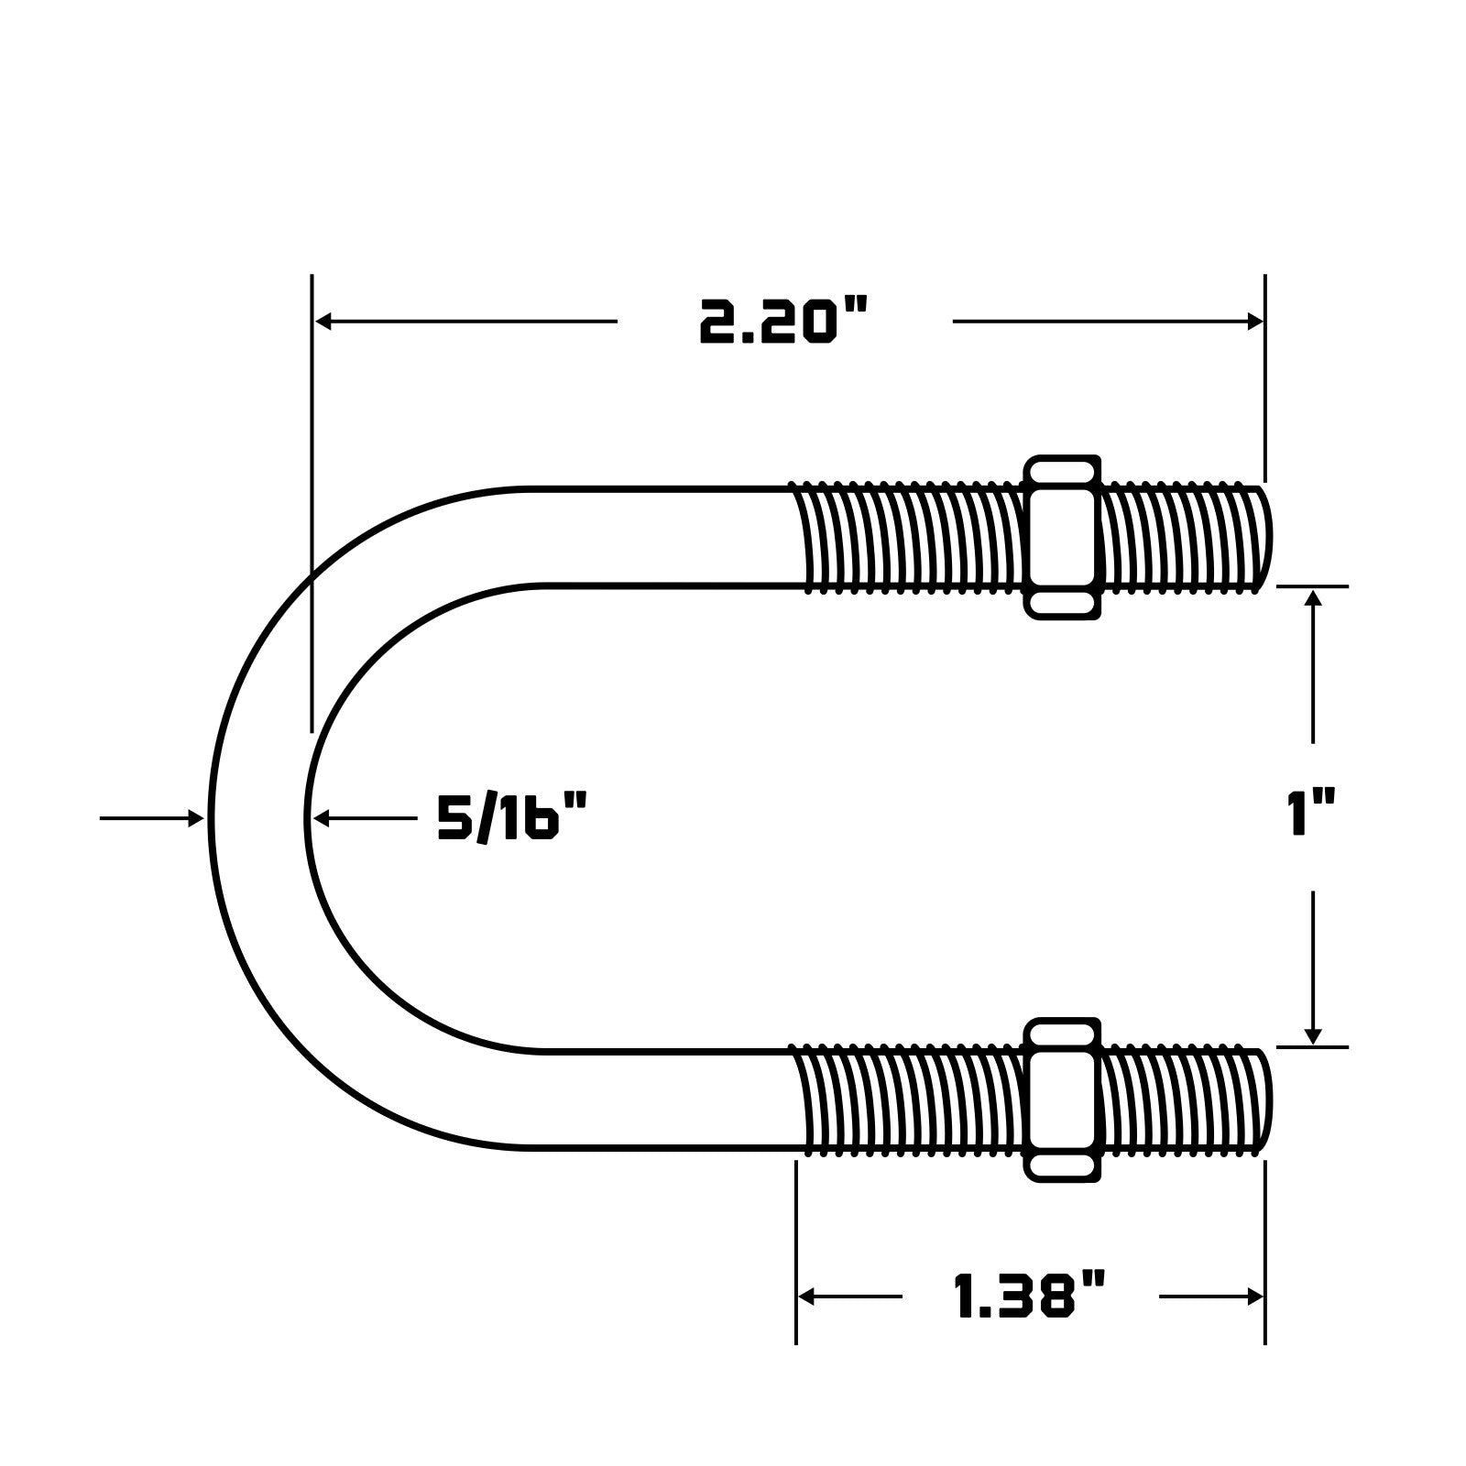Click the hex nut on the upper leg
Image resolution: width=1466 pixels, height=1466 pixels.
point(1062,538)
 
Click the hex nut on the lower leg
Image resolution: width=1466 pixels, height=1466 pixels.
point(1062,1099)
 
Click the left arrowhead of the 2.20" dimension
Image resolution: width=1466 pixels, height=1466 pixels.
point(323,322)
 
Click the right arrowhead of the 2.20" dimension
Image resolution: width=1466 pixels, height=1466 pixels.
point(1254,322)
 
